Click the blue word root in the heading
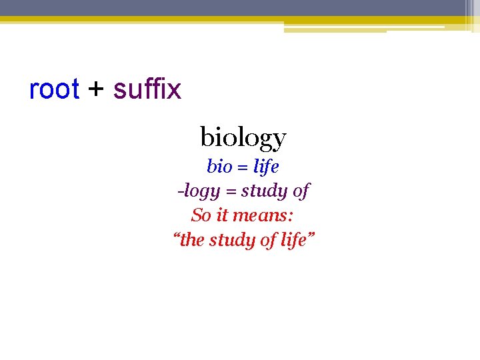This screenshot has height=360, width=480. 54,89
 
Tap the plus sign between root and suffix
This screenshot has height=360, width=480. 97,89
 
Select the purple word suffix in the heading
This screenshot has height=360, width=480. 147,89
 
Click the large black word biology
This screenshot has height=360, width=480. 243,138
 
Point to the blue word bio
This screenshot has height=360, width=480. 219,166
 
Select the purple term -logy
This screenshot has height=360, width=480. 198,191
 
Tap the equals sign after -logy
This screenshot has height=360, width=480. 230,192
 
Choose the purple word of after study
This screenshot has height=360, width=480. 301,191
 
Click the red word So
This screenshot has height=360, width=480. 201,215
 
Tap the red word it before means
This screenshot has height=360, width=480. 222,215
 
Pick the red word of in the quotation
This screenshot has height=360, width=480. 269,240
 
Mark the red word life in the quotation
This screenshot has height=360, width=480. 293,240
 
